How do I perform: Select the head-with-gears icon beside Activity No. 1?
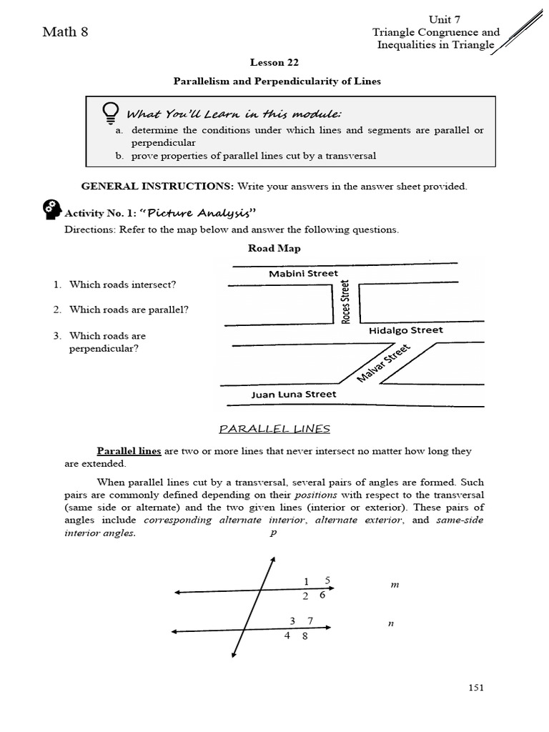coord(52,210)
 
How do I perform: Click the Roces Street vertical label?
coord(346,302)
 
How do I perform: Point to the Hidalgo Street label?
coord(405,330)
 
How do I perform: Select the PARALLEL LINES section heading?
coord(274,429)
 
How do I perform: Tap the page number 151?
coord(476,688)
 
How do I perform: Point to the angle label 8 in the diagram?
coord(305,636)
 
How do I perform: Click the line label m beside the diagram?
coord(394,585)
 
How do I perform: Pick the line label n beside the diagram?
coord(391,623)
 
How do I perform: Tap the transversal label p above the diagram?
coord(272,533)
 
